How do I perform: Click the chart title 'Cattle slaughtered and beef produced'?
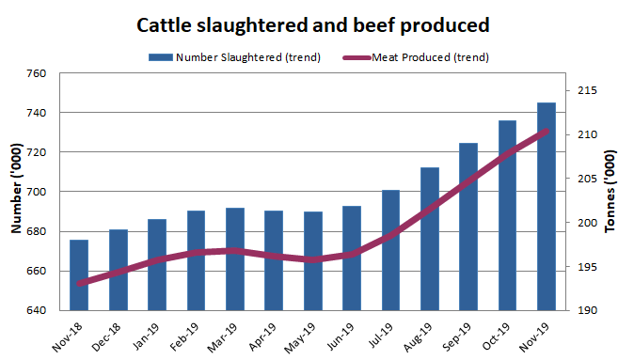click(x=318, y=24)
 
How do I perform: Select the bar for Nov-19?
click(x=546, y=207)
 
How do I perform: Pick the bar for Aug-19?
click(x=429, y=239)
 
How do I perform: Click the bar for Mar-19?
click(x=235, y=258)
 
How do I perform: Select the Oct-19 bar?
click(x=507, y=215)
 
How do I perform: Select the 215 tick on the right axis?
click(x=586, y=91)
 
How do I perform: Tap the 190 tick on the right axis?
click(x=586, y=310)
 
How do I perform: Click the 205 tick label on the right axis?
click(x=586, y=179)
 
